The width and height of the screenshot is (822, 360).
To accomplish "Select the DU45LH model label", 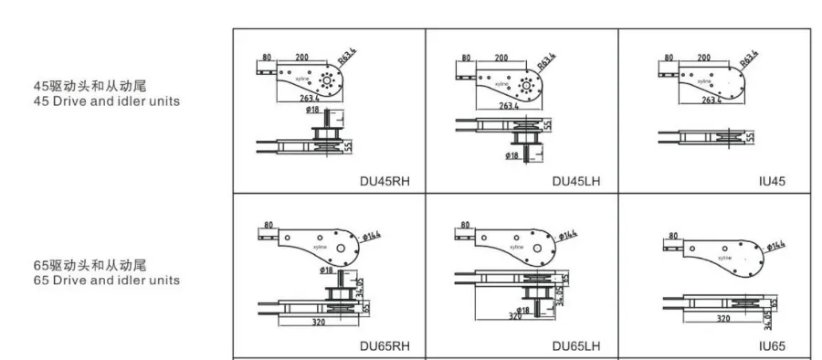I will coord(575,181).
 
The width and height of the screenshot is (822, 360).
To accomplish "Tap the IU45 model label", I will coord(771,181).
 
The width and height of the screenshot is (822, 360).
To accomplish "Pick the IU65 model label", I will coord(771,346).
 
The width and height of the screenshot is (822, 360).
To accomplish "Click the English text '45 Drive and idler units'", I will coord(106,101).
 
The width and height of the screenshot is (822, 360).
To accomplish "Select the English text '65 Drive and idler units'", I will coord(106,280).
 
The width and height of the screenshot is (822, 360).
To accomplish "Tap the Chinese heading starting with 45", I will coord(90,87).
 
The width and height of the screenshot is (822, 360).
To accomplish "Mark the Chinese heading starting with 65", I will coord(90,265).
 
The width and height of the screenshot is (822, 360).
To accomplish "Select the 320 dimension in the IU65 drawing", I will coord(722,320).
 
